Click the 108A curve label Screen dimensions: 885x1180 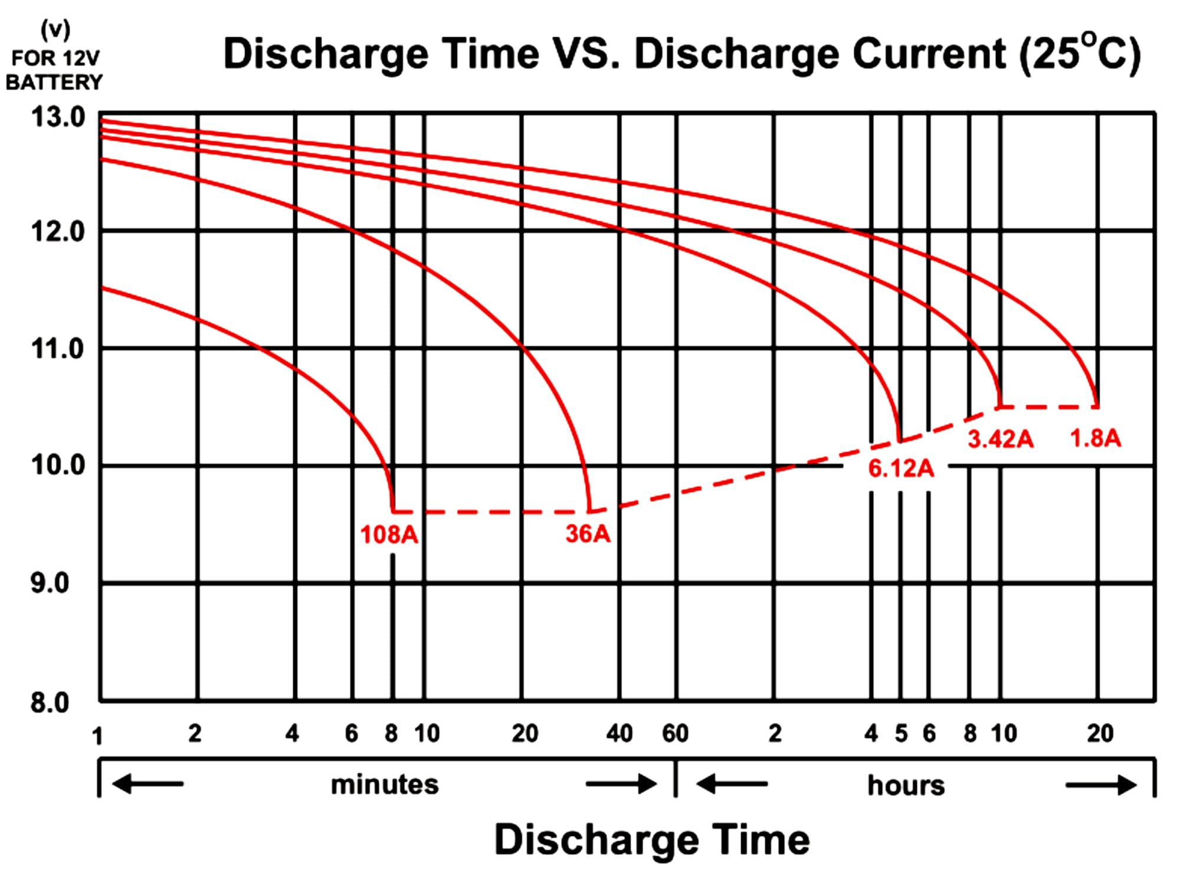click(x=389, y=535)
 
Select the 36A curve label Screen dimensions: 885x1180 click(x=588, y=533)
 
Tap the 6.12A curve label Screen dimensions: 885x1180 click(x=901, y=468)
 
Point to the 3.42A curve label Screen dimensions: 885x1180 click(x=1001, y=439)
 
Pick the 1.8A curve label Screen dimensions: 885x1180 click(x=1096, y=438)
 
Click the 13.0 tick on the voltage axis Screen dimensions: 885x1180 click(x=58, y=117)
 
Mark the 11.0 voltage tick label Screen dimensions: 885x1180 click(x=58, y=349)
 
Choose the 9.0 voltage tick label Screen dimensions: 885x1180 click(x=50, y=583)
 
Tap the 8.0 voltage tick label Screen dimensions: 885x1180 click(x=50, y=702)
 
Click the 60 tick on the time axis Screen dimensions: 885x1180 click(x=676, y=733)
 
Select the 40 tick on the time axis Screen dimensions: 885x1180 click(x=619, y=733)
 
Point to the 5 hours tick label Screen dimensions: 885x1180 click(x=901, y=733)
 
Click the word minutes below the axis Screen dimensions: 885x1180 click(x=385, y=785)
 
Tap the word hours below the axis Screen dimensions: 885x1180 click(x=906, y=785)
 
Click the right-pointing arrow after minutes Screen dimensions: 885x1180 click(x=621, y=784)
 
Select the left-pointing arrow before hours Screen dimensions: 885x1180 click(x=732, y=784)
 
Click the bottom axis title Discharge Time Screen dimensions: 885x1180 click(x=651, y=840)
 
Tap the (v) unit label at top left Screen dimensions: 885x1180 click(x=55, y=29)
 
